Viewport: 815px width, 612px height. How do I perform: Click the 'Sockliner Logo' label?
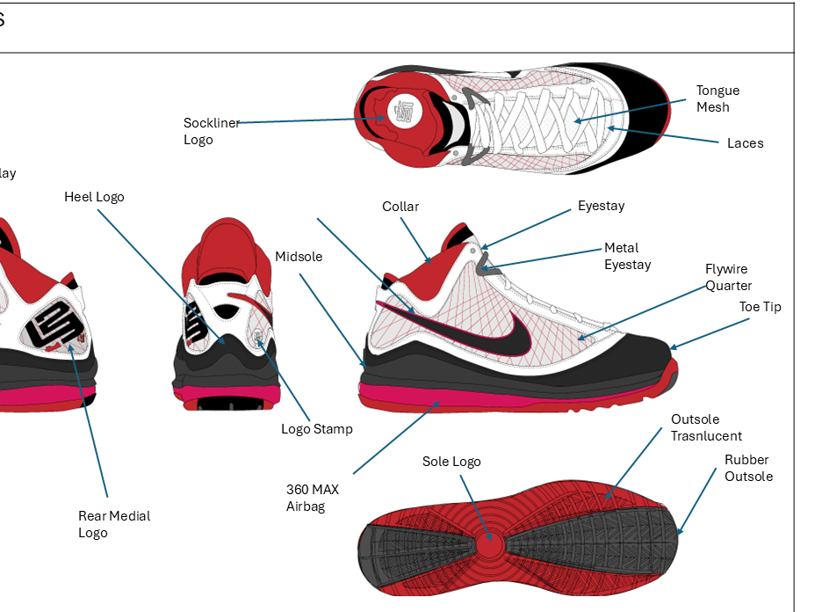coord(211,131)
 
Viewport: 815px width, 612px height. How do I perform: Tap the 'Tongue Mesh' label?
coord(718,98)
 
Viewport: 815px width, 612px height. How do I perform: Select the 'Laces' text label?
coord(745,143)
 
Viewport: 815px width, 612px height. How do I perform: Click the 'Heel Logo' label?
coord(94,197)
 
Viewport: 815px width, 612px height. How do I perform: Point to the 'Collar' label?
coord(400,207)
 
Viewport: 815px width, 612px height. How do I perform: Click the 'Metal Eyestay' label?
coord(627,256)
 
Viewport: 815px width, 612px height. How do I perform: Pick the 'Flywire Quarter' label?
coord(728,277)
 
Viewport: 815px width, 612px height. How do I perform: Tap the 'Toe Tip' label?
coord(760,307)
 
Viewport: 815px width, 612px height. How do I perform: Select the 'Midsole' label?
coord(299,257)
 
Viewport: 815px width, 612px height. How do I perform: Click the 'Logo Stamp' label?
coord(316,429)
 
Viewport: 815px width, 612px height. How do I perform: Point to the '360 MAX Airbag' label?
coord(312,498)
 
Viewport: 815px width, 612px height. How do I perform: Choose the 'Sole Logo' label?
coord(451,462)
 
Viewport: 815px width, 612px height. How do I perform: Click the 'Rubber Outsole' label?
coord(748,468)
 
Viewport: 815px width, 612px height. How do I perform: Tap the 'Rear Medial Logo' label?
coord(114,524)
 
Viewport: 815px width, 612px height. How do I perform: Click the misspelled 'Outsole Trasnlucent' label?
coord(706,427)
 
